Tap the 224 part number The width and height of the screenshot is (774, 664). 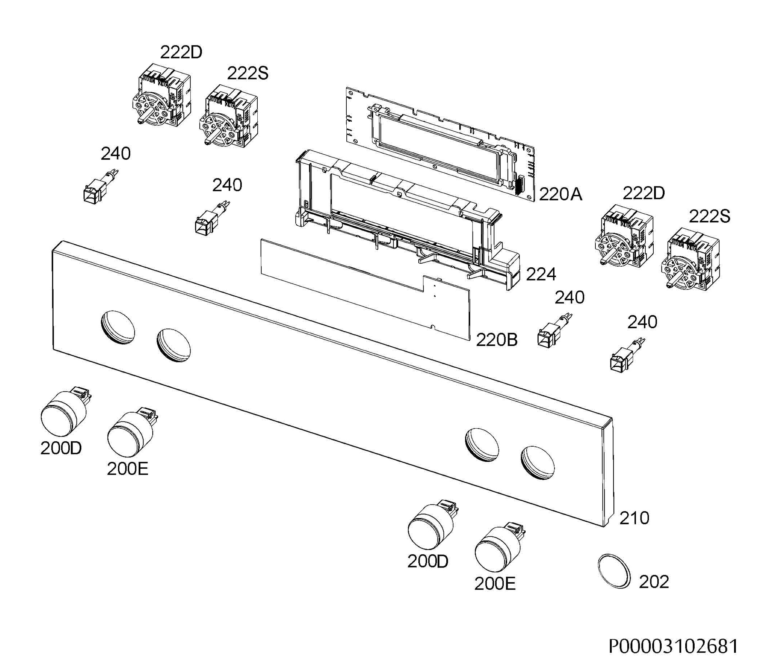coord(541,274)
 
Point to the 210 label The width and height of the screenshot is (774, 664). coord(634,518)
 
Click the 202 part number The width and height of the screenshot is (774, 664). coord(654,582)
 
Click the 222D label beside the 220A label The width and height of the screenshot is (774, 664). coord(644,193)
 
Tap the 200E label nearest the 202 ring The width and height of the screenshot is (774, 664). coord(495,584)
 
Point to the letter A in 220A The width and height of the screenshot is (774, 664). coord(576,194)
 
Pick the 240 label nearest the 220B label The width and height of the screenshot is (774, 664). coord(569,297)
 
